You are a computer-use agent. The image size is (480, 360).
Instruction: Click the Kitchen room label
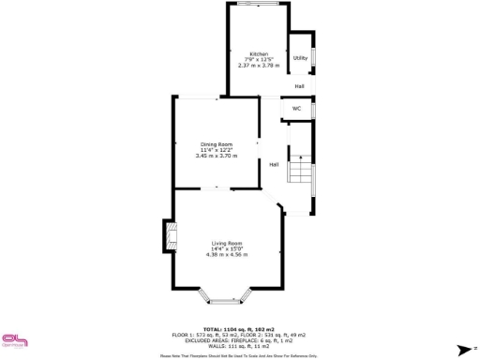pyautogui.click(x=258, y=54)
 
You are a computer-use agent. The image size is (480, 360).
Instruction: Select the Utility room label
pyautogui.click(x=300, y=58)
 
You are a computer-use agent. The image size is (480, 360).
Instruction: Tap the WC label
pyautogui.click(x=296, y=109)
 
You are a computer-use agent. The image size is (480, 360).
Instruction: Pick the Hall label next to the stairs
pyautogui.click(x=274, y=165)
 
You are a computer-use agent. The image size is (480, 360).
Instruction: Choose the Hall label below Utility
pyautogui.click(x=300, y=86)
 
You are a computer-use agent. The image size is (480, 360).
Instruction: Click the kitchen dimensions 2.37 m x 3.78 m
pyautogui.click(x=258, y=66)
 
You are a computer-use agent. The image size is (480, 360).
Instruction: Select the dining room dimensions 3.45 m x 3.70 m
pyautogui.click(x=215, y=156)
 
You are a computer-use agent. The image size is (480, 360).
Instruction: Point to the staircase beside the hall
pyautogui.click(x=300, y=169)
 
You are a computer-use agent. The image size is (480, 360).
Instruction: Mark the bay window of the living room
pyautogui.click(x=226, y=300)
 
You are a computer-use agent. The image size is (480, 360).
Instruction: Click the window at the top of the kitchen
pyautogui.click(x=258, y=4)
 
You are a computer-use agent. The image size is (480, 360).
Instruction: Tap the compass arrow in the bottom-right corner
pyautogui.click(x=462, y=349)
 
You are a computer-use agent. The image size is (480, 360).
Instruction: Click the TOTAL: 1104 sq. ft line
pyautogui.click(x=239, y=328)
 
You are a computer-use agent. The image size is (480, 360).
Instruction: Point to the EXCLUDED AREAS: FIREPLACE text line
pyautogui.click(x=239, y=339)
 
